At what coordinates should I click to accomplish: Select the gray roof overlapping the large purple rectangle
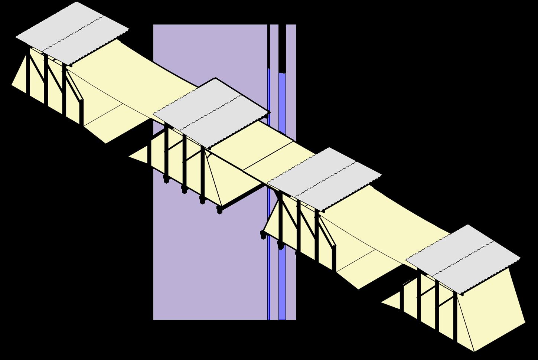(212, 111)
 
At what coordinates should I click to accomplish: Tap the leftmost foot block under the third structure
(263, 235)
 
